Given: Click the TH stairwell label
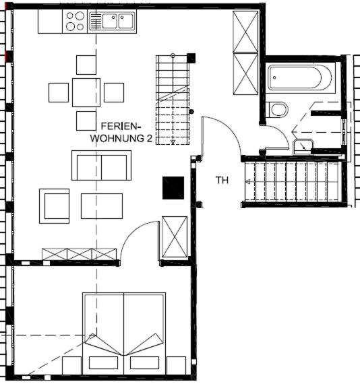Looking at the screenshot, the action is point(222,181).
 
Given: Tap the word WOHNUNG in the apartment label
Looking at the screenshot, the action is point(117,138).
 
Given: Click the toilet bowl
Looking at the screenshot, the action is point(278,110).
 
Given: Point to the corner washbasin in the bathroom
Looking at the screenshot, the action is point(303,147).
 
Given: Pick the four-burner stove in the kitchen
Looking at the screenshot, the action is point(75,22).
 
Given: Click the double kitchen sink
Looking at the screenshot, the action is point(112,22).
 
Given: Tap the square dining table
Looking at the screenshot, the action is point(86,92).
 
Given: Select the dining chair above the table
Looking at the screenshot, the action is point(86,65).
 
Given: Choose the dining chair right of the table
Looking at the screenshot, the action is point(114,92).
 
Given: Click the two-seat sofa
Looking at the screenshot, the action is point(101,166).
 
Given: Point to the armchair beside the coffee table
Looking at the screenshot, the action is point(54,206).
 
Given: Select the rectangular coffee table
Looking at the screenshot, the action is point(102,206).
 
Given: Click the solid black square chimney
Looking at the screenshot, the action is point(173,188).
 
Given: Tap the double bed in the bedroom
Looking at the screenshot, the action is point(124,333).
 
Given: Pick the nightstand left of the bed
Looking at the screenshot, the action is point(71,366).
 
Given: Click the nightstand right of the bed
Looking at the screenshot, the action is point(176,366).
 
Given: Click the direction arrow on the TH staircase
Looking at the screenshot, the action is point(248,181).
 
